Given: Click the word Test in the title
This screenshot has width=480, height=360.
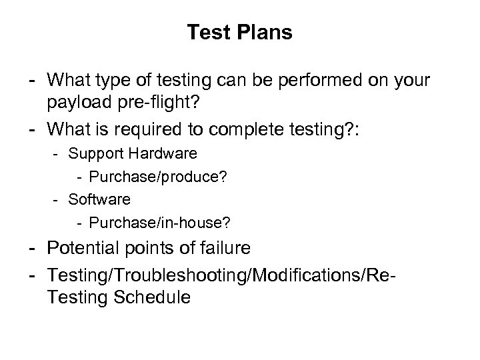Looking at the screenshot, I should pyautogui.click(x=206, y=33).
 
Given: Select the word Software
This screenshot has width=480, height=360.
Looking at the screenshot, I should pyautogui.click(x=99, y=199).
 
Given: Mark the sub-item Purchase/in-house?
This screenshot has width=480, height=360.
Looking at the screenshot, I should pyautogui.click(x=155, y=221).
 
